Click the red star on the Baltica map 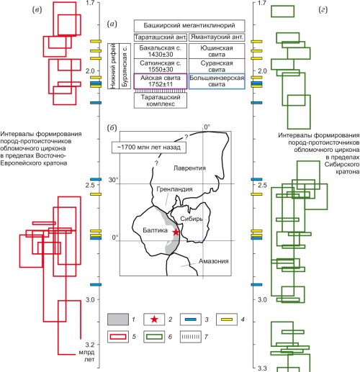coord(176,232)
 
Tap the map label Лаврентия coord(189,168)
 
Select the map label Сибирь coord(192,219)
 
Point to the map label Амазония coord(213,261)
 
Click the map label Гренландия coord(174,189)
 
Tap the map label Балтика coord(155,230)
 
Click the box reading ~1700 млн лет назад coord(149,148)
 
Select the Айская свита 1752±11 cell coord(161,81)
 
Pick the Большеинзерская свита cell coord(217,81)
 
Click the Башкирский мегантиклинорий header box coord(189,26)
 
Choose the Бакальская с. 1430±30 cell coord(161,51)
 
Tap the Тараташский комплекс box coord(161,101)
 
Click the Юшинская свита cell coord(217,51)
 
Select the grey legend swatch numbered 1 coord(118,319)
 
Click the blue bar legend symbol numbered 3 coord(191,319)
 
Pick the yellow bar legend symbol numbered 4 coord(227,319)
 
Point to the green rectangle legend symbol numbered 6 coord(154,337)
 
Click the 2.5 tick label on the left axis coord(91,185)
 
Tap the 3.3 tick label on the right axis coord(262,368)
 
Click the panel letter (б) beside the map coord(112,128)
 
